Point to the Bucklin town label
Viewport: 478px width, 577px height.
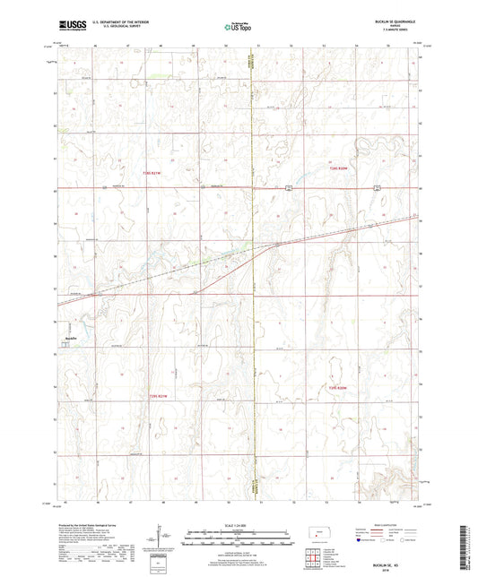tap(68, 338)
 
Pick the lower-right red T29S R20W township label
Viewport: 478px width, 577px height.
tap(335, 387)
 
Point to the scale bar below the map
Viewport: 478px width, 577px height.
tap(238, 533)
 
